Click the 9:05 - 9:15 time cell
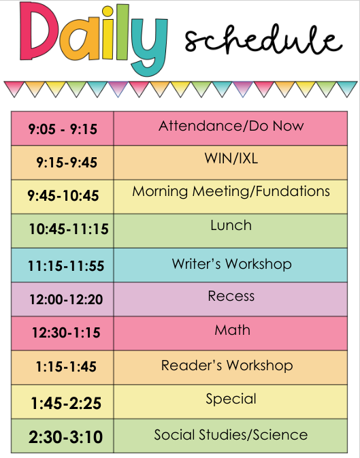click(x=63, y=129)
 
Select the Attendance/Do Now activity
click(x=231, y=126)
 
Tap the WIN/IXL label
click(x=231, y=159)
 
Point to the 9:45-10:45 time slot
click(x=63, y=195)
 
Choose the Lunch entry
click(x=231, y=225)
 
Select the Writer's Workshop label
click(x=232, y=264)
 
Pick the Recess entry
click(x=231, y=296)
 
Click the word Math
click(x=232, y=330)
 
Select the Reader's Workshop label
click(x=227, y=365)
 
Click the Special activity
click(x=231, y=399)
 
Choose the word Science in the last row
click(x=280, y=435)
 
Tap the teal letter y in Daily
click(x=149, y=47)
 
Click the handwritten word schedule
click(x=263, y=39)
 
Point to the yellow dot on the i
click(x=108, y=12)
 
